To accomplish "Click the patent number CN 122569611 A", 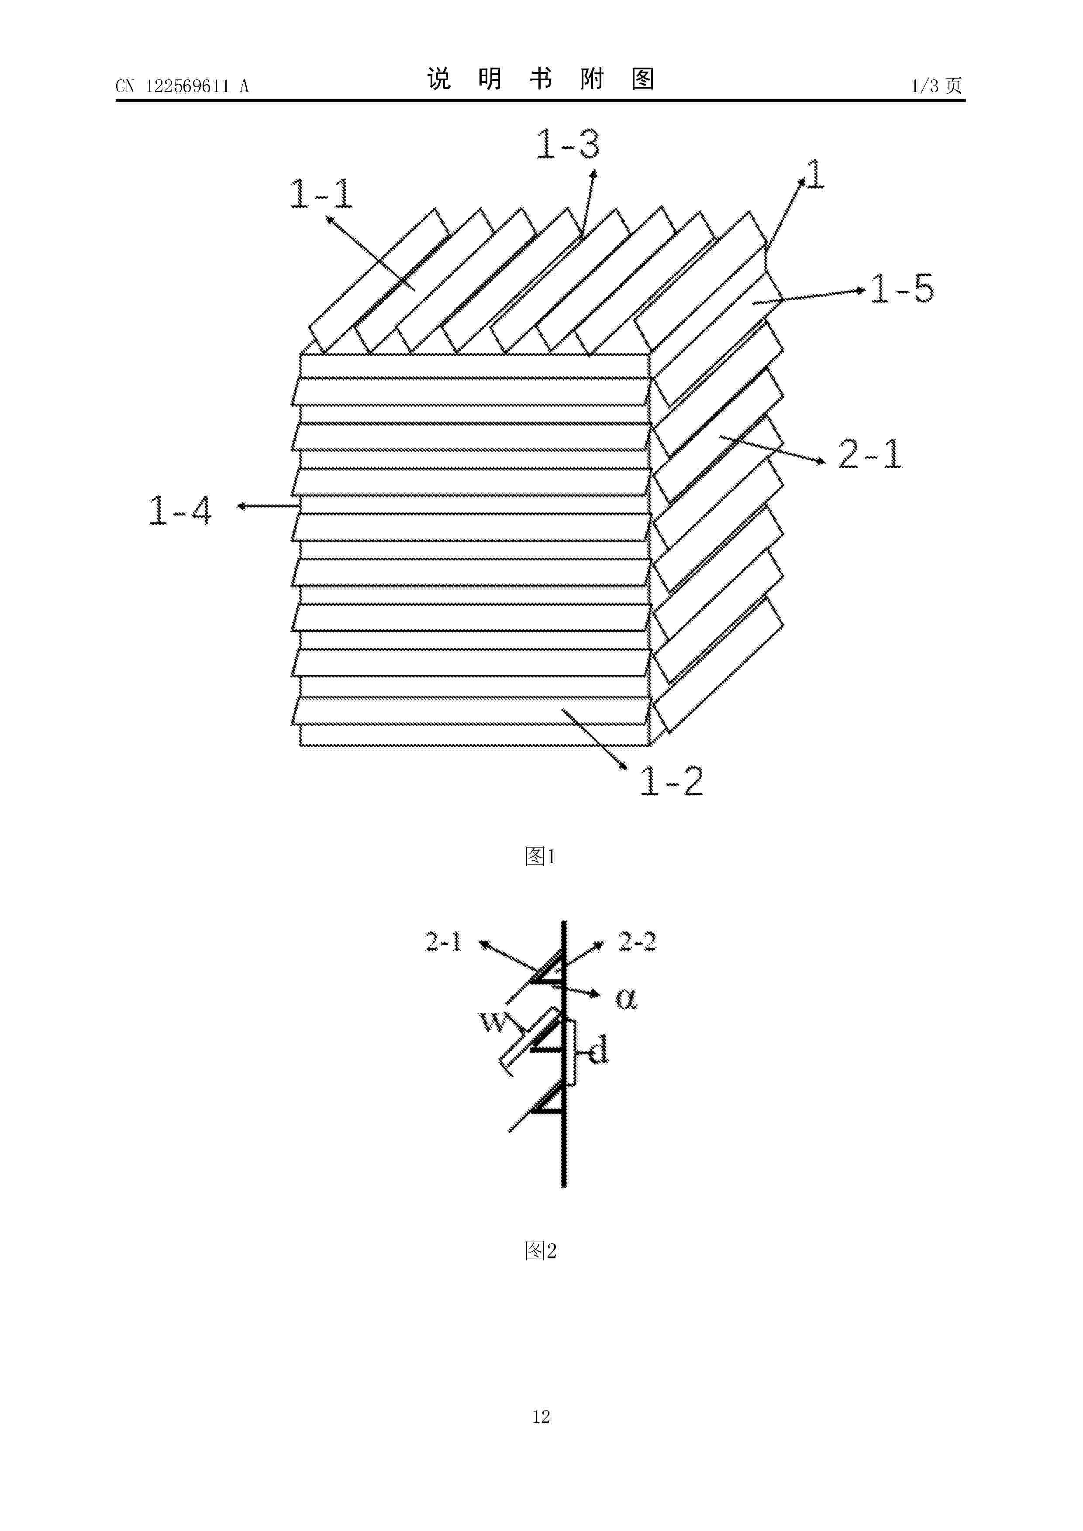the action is point(182,86).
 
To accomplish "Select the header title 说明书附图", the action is point(541,79).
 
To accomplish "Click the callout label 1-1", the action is point(321,194).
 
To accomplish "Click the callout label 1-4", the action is point(180,510).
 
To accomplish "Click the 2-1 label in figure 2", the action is point(444,941).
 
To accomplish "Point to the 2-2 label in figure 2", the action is point(637,941).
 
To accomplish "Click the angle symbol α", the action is point(626,999).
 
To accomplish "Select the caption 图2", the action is point(541,1250).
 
